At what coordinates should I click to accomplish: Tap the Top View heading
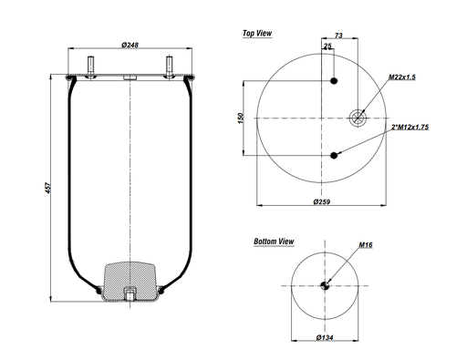258,33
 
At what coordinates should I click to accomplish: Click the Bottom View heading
274,242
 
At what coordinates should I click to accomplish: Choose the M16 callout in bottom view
367,246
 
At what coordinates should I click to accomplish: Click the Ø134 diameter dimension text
323,339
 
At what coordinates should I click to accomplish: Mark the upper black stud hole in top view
335,82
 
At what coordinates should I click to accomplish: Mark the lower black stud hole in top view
335,155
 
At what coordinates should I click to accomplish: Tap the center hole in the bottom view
324,287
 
